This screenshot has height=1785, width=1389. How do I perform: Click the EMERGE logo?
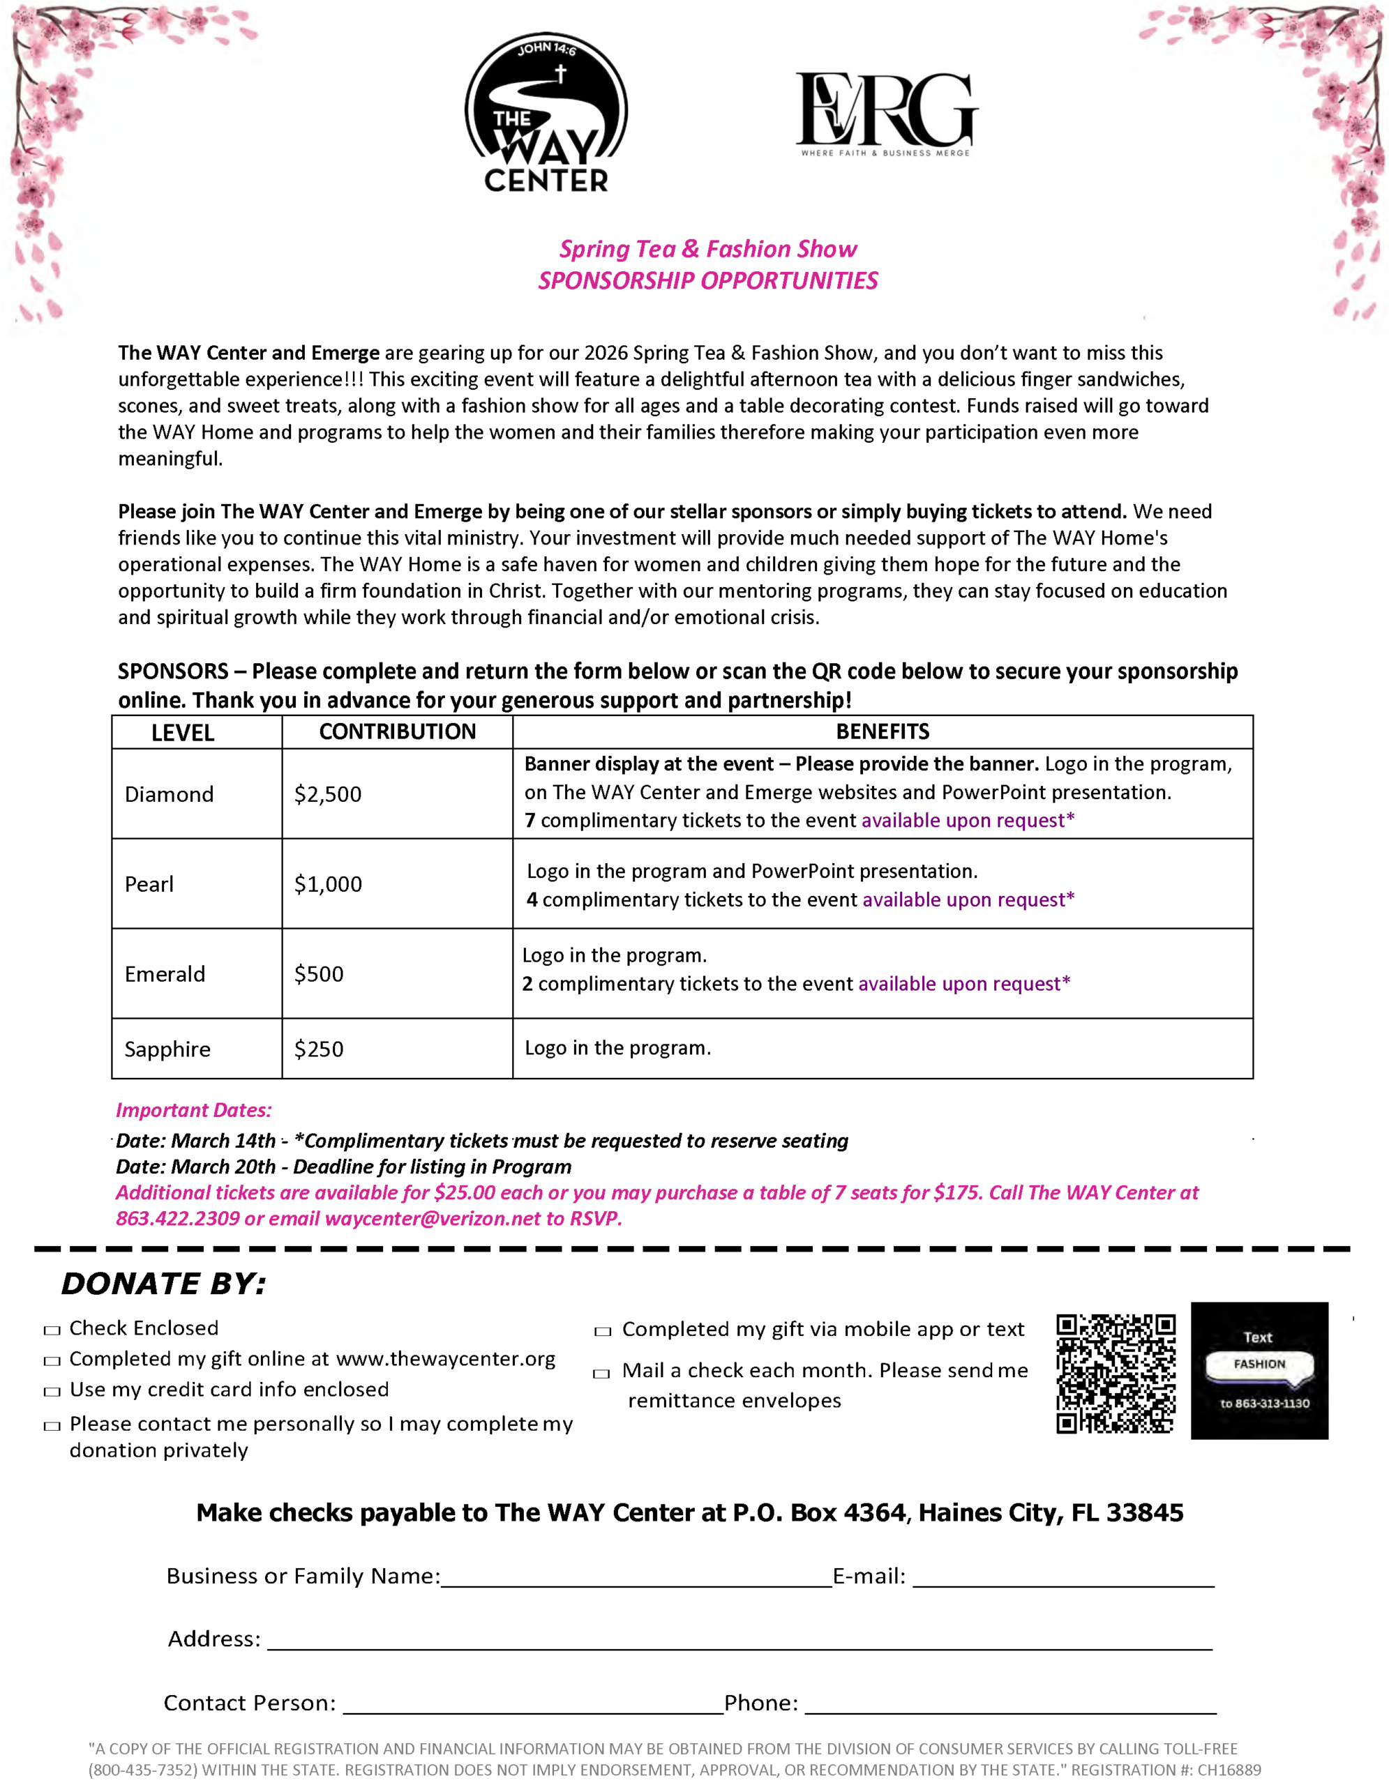tap(886, 112)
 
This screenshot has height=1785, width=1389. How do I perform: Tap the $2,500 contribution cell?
tap(328, 794)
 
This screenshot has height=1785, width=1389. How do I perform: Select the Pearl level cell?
tap(149, 884)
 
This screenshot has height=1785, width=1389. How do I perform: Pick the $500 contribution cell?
tap(319, 974)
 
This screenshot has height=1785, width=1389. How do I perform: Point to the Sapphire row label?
tap(167, 1049)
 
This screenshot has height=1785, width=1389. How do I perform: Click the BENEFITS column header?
tap(882, 731)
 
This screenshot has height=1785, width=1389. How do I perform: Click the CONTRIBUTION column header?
tap(398, 731)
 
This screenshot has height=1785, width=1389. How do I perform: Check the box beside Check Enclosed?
tap(52, 1330)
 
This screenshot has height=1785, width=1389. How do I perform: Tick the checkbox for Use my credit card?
tap(52, 1392)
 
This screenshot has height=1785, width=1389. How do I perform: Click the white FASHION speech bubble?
tap(1259, 1364)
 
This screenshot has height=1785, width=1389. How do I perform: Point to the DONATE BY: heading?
tap(163, 1284)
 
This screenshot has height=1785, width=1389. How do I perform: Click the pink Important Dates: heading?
tap(194, 1110)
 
